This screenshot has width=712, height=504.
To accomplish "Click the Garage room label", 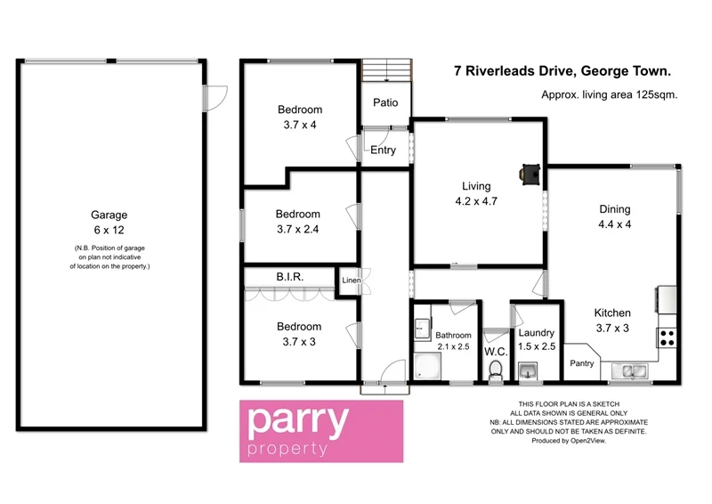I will click(x=109, y=215).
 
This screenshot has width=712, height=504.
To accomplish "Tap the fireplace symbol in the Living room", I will click(x=530, y=174).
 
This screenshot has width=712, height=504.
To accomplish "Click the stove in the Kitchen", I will click(x=667, y=337).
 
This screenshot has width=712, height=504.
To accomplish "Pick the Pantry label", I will click(x=582, y=363).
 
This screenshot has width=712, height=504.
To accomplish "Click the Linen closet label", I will click(x=351, y=281).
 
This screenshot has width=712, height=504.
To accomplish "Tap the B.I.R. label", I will click(x=291, y=278).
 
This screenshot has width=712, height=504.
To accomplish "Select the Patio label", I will click(x=385, y=102).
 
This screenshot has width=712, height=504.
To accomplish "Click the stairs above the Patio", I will click(x=386, y=69).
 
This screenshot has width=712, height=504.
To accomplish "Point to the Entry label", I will click(x=384, y=150).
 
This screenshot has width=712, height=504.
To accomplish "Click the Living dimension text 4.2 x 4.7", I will click(x=476, y=201).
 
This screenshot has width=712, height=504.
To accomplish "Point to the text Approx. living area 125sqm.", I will click(x=610, y=94).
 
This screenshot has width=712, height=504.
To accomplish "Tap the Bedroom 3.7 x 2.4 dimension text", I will click(x=297, y=229).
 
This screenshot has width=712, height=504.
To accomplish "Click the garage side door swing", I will click(x=217, y=96).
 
